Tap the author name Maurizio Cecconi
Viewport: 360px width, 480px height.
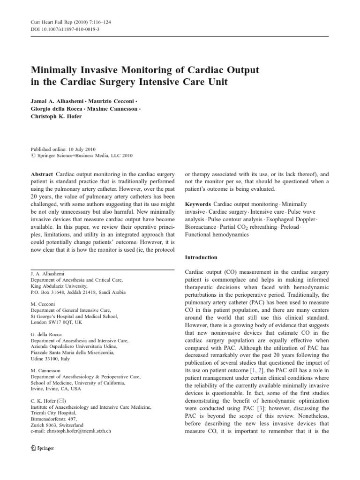113,101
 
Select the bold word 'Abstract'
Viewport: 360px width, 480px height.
42,174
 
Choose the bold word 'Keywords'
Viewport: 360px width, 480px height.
198,204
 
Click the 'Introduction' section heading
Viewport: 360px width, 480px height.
201,257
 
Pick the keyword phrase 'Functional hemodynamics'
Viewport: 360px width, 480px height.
217,234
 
